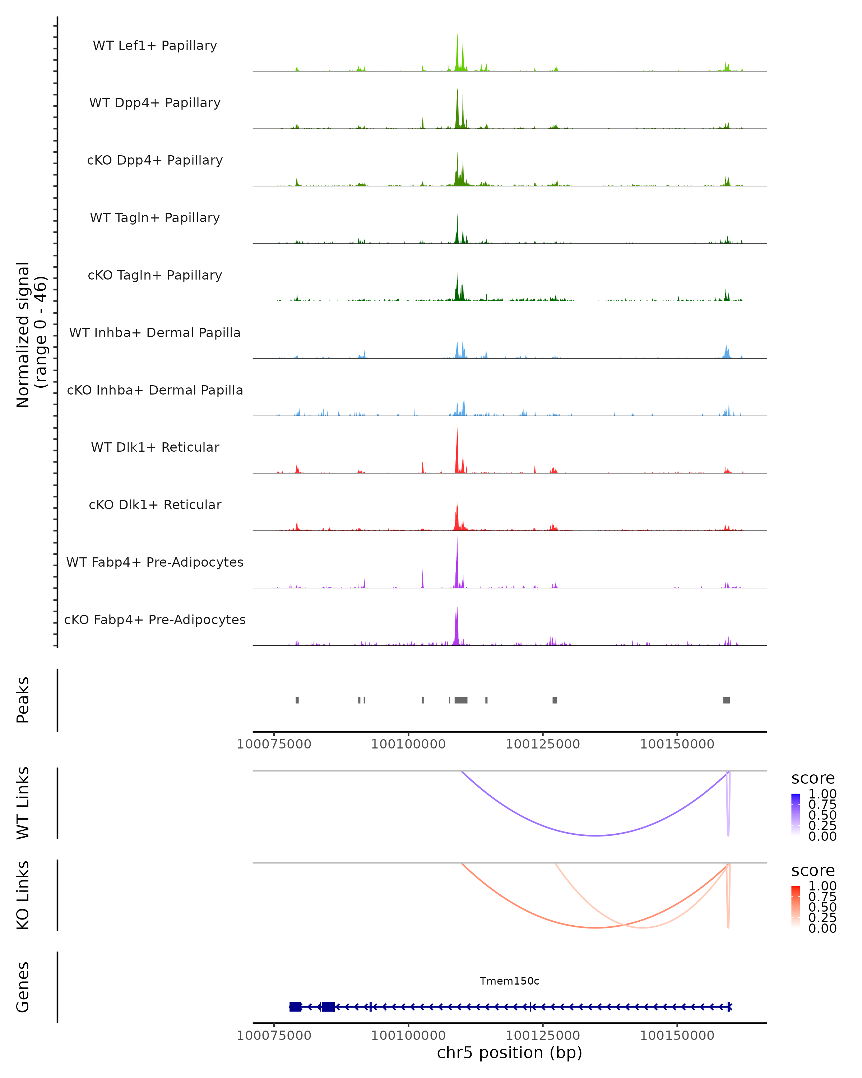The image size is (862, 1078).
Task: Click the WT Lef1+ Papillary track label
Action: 155,46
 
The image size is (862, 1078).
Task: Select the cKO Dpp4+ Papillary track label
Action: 155,160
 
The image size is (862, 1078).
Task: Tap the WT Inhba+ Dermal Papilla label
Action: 155,332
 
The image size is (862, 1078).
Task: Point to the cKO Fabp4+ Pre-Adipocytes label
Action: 155,619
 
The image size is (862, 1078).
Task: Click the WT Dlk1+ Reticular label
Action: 155,447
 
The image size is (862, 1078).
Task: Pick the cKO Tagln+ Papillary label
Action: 155,275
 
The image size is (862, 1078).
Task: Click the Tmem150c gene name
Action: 509,981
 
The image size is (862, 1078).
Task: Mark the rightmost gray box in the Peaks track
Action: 727,700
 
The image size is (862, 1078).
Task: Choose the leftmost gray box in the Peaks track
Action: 297,700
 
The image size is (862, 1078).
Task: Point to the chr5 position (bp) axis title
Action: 509,1052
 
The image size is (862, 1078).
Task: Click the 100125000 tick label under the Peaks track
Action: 543,744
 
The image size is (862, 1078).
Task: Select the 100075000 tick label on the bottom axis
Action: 274,1035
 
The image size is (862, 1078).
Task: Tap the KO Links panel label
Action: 23,895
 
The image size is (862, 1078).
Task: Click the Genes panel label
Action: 23,987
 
